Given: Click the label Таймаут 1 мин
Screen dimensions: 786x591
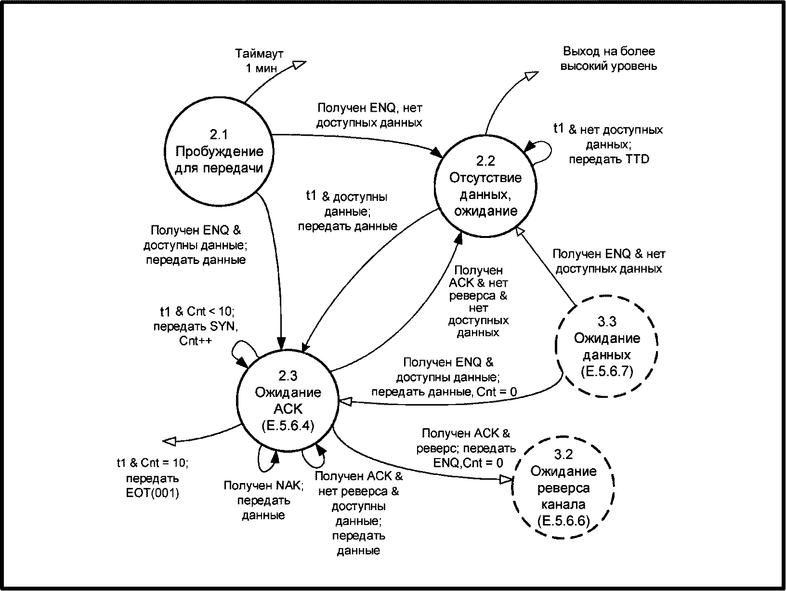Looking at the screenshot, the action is pos(260,61).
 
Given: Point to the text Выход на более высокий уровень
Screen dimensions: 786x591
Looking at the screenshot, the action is pos(609,59).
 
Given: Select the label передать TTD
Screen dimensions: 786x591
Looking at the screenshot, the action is pos(609,159).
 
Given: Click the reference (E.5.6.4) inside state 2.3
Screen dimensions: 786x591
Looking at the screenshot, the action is pos(288,426).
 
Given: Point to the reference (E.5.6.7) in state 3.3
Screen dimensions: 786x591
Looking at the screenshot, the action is pos(607,371).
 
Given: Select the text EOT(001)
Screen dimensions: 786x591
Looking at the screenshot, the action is pos(152,493).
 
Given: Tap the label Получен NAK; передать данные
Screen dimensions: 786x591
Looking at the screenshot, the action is pos(263,500).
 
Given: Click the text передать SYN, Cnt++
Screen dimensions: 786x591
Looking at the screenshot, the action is pos(196,334).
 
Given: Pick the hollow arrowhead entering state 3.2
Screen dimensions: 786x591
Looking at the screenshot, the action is pos(506,479).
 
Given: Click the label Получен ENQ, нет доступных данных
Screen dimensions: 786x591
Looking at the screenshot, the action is pos(369,115).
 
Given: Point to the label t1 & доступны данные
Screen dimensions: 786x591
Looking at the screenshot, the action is pos(347,204).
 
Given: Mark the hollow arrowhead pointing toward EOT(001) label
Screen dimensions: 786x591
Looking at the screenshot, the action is pos(170,442).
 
